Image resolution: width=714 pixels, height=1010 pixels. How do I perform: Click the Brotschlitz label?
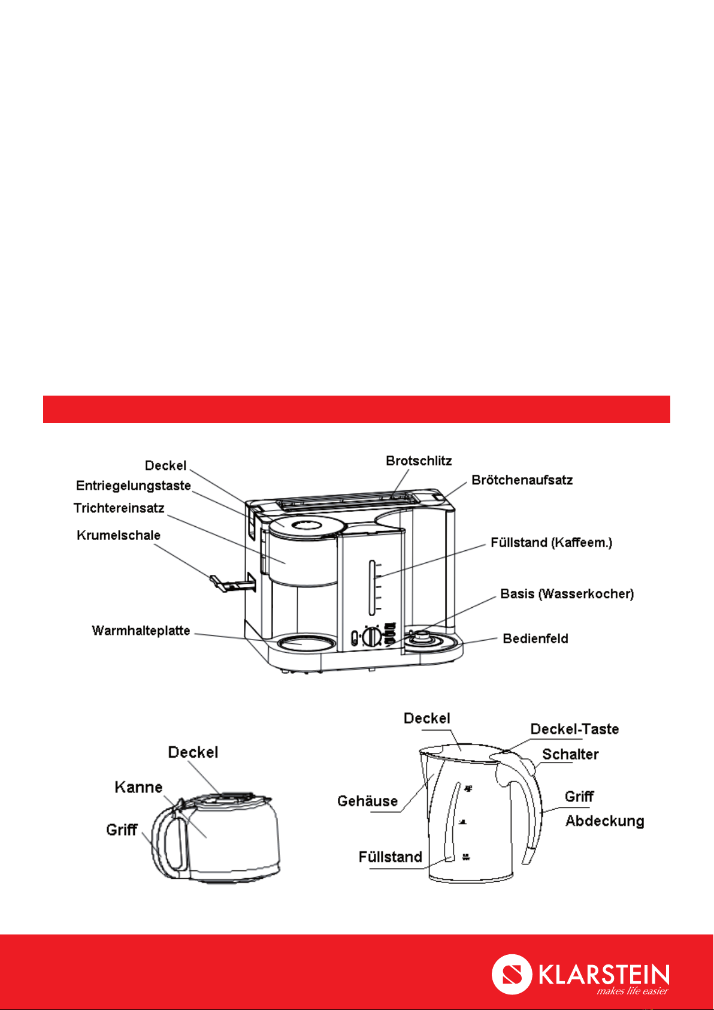pos(419,461)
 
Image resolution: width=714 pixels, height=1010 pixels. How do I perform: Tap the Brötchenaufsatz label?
pos(522,480)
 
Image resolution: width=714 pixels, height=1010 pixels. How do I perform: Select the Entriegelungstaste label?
pos(134,486)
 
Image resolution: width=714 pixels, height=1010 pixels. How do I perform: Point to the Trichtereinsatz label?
pos(119,508)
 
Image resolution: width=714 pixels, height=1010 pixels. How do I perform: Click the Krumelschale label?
pos(119,535)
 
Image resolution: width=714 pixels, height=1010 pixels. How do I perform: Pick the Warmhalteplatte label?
pos(141,631)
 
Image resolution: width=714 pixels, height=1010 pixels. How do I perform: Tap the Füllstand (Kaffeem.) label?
pos(552,542)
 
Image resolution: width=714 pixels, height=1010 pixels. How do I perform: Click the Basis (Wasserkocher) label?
pos(567,594)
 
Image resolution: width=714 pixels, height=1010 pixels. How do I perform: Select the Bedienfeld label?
pos(535,639)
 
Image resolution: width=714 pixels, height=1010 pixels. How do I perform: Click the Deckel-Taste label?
pos(574,729)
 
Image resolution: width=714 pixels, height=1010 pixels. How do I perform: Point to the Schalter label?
pos(570,754)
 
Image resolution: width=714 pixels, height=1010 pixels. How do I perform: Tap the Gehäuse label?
pos(368,801)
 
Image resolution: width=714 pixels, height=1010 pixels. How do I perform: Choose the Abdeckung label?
pos(604,821)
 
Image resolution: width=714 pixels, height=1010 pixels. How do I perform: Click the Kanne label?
pos(138,787)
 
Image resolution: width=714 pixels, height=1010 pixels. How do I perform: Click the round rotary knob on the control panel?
pos(373,637)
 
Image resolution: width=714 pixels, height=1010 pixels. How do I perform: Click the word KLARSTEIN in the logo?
pos(604,975)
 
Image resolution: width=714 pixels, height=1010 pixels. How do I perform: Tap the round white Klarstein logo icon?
pos(512,975)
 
